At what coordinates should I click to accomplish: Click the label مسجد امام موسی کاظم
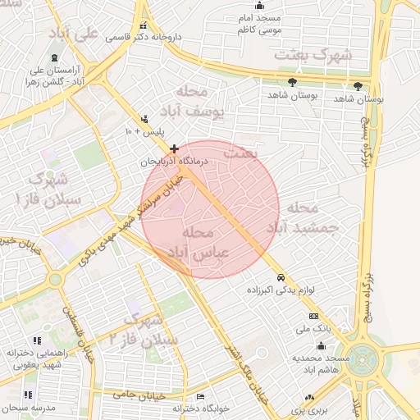tap(259, 24)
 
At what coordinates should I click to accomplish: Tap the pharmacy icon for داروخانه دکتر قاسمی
tap(144, 25)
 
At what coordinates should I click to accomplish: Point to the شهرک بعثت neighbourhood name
tap(313, 56)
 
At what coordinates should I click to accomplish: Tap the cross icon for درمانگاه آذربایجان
tap(174, 148)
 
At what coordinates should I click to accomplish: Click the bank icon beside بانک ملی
tap(313, 316)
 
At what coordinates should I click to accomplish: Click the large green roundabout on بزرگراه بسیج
tap(361, 358)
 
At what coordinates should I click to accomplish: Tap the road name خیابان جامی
tap(148, 395)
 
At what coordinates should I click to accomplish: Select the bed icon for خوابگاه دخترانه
tap(200, 395)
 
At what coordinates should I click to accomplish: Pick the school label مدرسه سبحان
tap(28, 408)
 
